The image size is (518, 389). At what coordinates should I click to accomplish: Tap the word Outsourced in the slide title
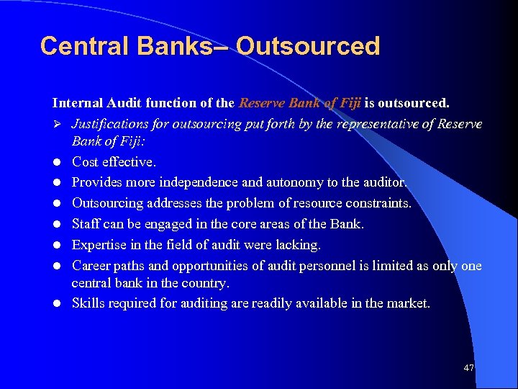pyautogui.click(x=307, y=46)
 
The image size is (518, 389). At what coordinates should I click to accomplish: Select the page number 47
pyautogui.click(x=469, y=368)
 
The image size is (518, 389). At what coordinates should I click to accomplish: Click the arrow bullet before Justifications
pyautogui.click(x=57, y=124)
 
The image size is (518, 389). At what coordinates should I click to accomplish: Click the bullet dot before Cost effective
pyautogui.click(x=57, y=163)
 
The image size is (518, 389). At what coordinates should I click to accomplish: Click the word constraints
pyautogui.click(x=375, y=203)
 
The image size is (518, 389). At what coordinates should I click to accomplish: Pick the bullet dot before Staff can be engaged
pyautogui.click(x=57, y=225)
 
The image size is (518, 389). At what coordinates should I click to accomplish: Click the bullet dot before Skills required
pyautogui.click(x=57, y=304)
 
